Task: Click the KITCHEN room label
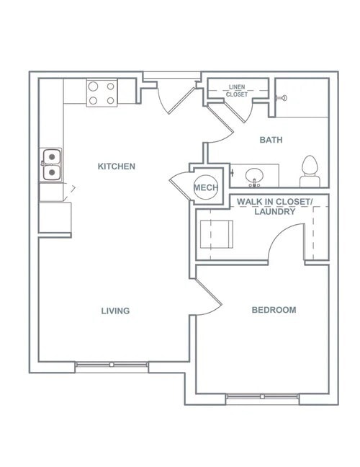point(116,166)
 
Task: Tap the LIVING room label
point(115,311)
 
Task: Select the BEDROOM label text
point(273,310)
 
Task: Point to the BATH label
point(271,140)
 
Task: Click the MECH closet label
point(204,188)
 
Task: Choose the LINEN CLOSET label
point(237,91)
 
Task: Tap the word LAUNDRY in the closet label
point(274,213)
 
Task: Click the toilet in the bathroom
point(310,169)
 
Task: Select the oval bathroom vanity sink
point(253,174)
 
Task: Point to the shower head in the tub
point(282,97)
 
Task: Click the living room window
point(112,365)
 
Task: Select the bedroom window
point(262,397)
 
